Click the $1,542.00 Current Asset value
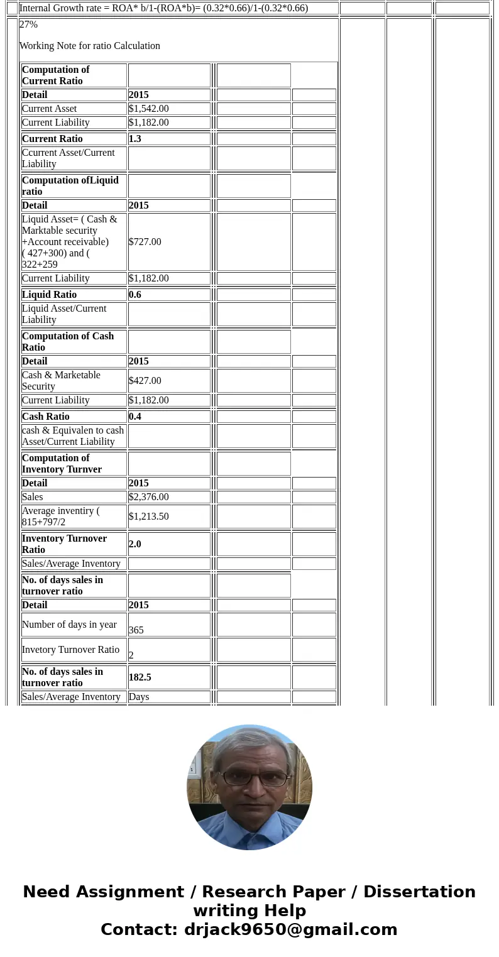coord(149,109)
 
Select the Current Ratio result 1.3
coord(135,139)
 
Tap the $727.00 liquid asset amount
coord(145,242)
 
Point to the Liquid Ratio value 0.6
coord(135,295)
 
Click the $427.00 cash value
coord(145,381)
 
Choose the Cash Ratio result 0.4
coord(135,417)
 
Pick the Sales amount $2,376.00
coord(149,497)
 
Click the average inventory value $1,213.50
coord(149,517)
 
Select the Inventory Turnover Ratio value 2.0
coord(135,544)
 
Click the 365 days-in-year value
coord(136,630)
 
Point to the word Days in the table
coord(139,697)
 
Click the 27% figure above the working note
coord(29,25)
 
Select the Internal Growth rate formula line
coord(163,8)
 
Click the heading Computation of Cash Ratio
coord(68,342)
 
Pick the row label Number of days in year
coord(69,625)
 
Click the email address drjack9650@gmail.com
coord(290,929)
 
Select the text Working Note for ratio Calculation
coord(90,46)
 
